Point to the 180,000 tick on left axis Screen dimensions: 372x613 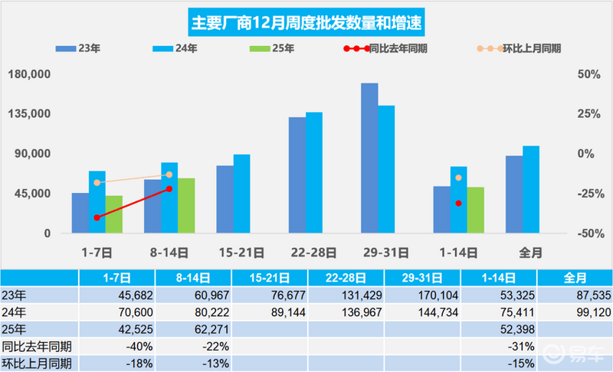[x=28, y=74]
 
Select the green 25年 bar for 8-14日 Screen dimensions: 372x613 [x=186, y=205]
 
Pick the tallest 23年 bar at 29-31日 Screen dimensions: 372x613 [x=369, y=158]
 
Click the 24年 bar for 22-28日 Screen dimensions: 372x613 [x=314, y=172]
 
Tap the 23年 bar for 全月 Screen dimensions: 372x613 [x=513, y=194]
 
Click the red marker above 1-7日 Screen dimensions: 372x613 [x=97, y=217]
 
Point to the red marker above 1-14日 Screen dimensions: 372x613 [x=458, y=203]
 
